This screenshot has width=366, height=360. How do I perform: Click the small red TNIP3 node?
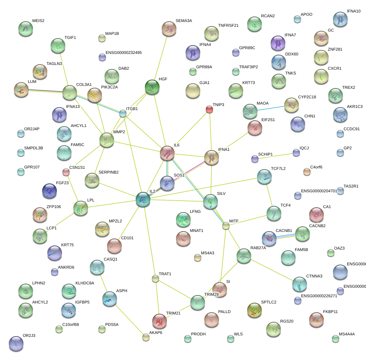(x=209, y=109)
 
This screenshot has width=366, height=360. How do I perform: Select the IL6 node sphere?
(x=167, y=153)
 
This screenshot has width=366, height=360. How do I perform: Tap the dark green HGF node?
(x=152, y=87)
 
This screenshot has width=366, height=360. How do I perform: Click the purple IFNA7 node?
(x=278, y=43)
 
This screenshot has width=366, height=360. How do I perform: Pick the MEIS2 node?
(x=25, y=29)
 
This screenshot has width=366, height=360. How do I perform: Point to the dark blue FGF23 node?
(x=50, y=190)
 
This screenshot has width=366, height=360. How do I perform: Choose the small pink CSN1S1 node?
(x=66, y=172)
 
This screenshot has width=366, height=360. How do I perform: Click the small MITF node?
(x=226, y=226)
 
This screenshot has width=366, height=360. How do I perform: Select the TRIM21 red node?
(x=160, y=321)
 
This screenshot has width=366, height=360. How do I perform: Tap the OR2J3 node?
(x=16, y=343)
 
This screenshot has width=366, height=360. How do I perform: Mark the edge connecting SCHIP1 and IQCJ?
(x=275, y=156)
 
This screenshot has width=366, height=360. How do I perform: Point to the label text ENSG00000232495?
(x=123, y=53)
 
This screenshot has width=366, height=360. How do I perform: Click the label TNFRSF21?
(x=228, y=26)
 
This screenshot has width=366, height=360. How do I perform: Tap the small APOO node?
(x=297, y=19)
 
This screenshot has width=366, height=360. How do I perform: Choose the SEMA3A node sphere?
(x=169, y=29)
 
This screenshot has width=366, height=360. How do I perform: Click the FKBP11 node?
(x=316, y=320)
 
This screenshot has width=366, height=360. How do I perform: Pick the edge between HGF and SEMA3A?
(x=161, y=58)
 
